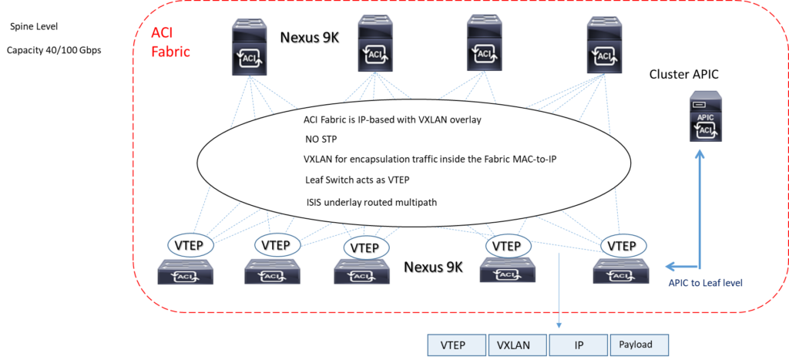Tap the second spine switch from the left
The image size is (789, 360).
coord(376,45)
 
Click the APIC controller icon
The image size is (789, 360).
coord(706,116)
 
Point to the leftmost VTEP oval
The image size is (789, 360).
coord(186,245)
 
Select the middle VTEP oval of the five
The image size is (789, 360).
coord(364,247)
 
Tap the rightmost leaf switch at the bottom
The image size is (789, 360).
coord(620,273)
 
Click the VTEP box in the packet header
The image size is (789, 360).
coord(457,345)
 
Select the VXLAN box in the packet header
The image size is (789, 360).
coord(517,345)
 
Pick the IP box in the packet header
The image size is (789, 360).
coord(578,345)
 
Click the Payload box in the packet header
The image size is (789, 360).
coord(639,345)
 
